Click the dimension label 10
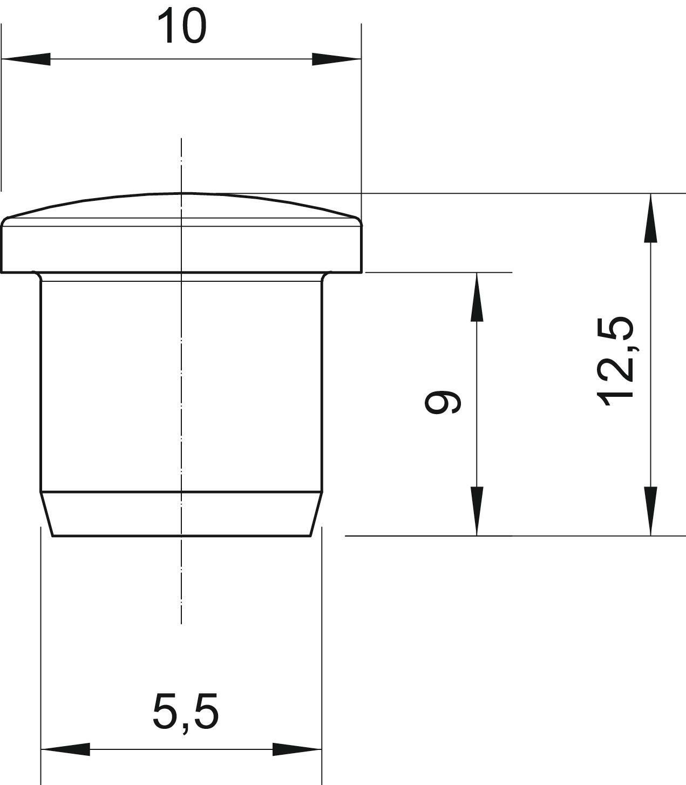[x=182, y=26]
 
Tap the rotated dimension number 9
[x=443, y=402]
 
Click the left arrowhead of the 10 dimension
[x=26, y=59]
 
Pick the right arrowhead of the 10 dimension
[x=336, y=59]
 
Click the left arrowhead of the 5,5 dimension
[x=65, y=749]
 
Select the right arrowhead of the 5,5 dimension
[x=297, y=749]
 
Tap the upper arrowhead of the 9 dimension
[x=477, y=297]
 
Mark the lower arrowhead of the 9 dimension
[x=477, y=511]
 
